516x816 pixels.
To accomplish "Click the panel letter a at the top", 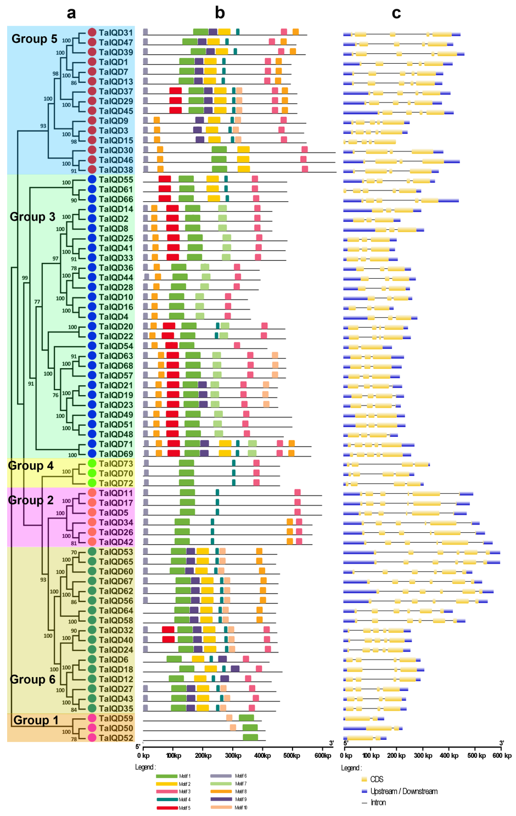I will coord(71,13).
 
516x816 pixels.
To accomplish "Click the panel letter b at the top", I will coord(220,13).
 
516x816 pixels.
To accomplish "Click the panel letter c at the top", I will coord(396,13).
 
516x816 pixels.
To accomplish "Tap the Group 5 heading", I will coord(34,39).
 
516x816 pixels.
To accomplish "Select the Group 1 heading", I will coord(36,720).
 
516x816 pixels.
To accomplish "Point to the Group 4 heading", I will coord(31,466).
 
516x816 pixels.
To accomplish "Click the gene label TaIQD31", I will coord(116,32).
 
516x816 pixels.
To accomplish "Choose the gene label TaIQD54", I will coord(116,346).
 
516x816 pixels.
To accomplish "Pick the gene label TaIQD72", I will coord(116,483).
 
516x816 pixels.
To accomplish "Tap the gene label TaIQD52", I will coord(116,738).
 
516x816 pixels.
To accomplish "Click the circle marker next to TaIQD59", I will coord(92,718).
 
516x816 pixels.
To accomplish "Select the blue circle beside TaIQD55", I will coord(92,179).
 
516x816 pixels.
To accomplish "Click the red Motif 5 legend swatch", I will coord(166,808).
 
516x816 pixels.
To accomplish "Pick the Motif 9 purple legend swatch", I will coord(221,800).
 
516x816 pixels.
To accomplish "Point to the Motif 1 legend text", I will coord(185,776).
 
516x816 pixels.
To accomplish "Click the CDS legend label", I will coord(377,779).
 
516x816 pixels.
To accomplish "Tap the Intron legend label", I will coord(378,803).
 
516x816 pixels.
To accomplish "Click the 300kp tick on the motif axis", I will coord(233,756).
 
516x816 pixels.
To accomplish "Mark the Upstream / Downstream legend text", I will coord(404,791).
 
